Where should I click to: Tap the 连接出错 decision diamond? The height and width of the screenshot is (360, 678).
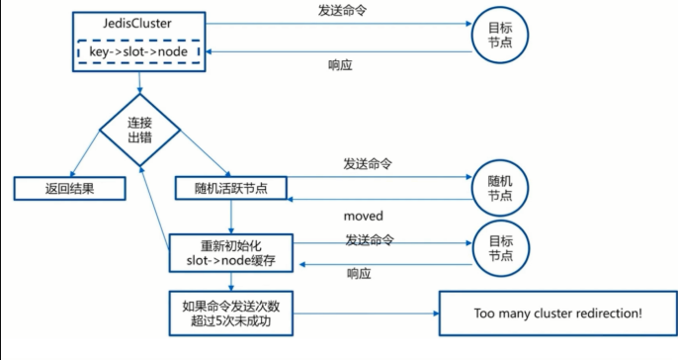[139, 129]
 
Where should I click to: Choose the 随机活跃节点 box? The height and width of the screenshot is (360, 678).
[230, 187]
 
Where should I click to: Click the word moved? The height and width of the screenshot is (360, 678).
[363, 216]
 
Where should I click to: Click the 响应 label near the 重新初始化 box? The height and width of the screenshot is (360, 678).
[360, 274]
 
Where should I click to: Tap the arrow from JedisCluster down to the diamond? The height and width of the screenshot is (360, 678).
[139, 84]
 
